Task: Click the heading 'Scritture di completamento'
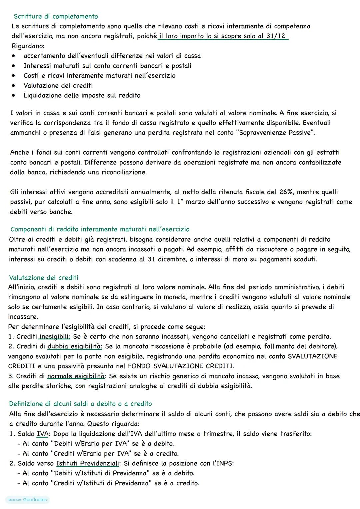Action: [56, 16]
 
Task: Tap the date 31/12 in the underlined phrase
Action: [276, 36]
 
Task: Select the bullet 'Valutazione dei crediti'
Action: [58, 85]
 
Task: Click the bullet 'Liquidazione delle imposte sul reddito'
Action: [82, 95]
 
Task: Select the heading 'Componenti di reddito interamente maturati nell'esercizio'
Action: [100, 229]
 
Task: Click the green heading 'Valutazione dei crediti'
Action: [44, 278]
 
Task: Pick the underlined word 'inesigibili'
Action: [55, 337]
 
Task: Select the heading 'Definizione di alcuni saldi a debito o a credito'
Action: [80, 404]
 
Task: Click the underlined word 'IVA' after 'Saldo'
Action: [42, 434]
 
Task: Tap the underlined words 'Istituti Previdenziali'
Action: [88, 463]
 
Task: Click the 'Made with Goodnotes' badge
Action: [27, 500]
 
